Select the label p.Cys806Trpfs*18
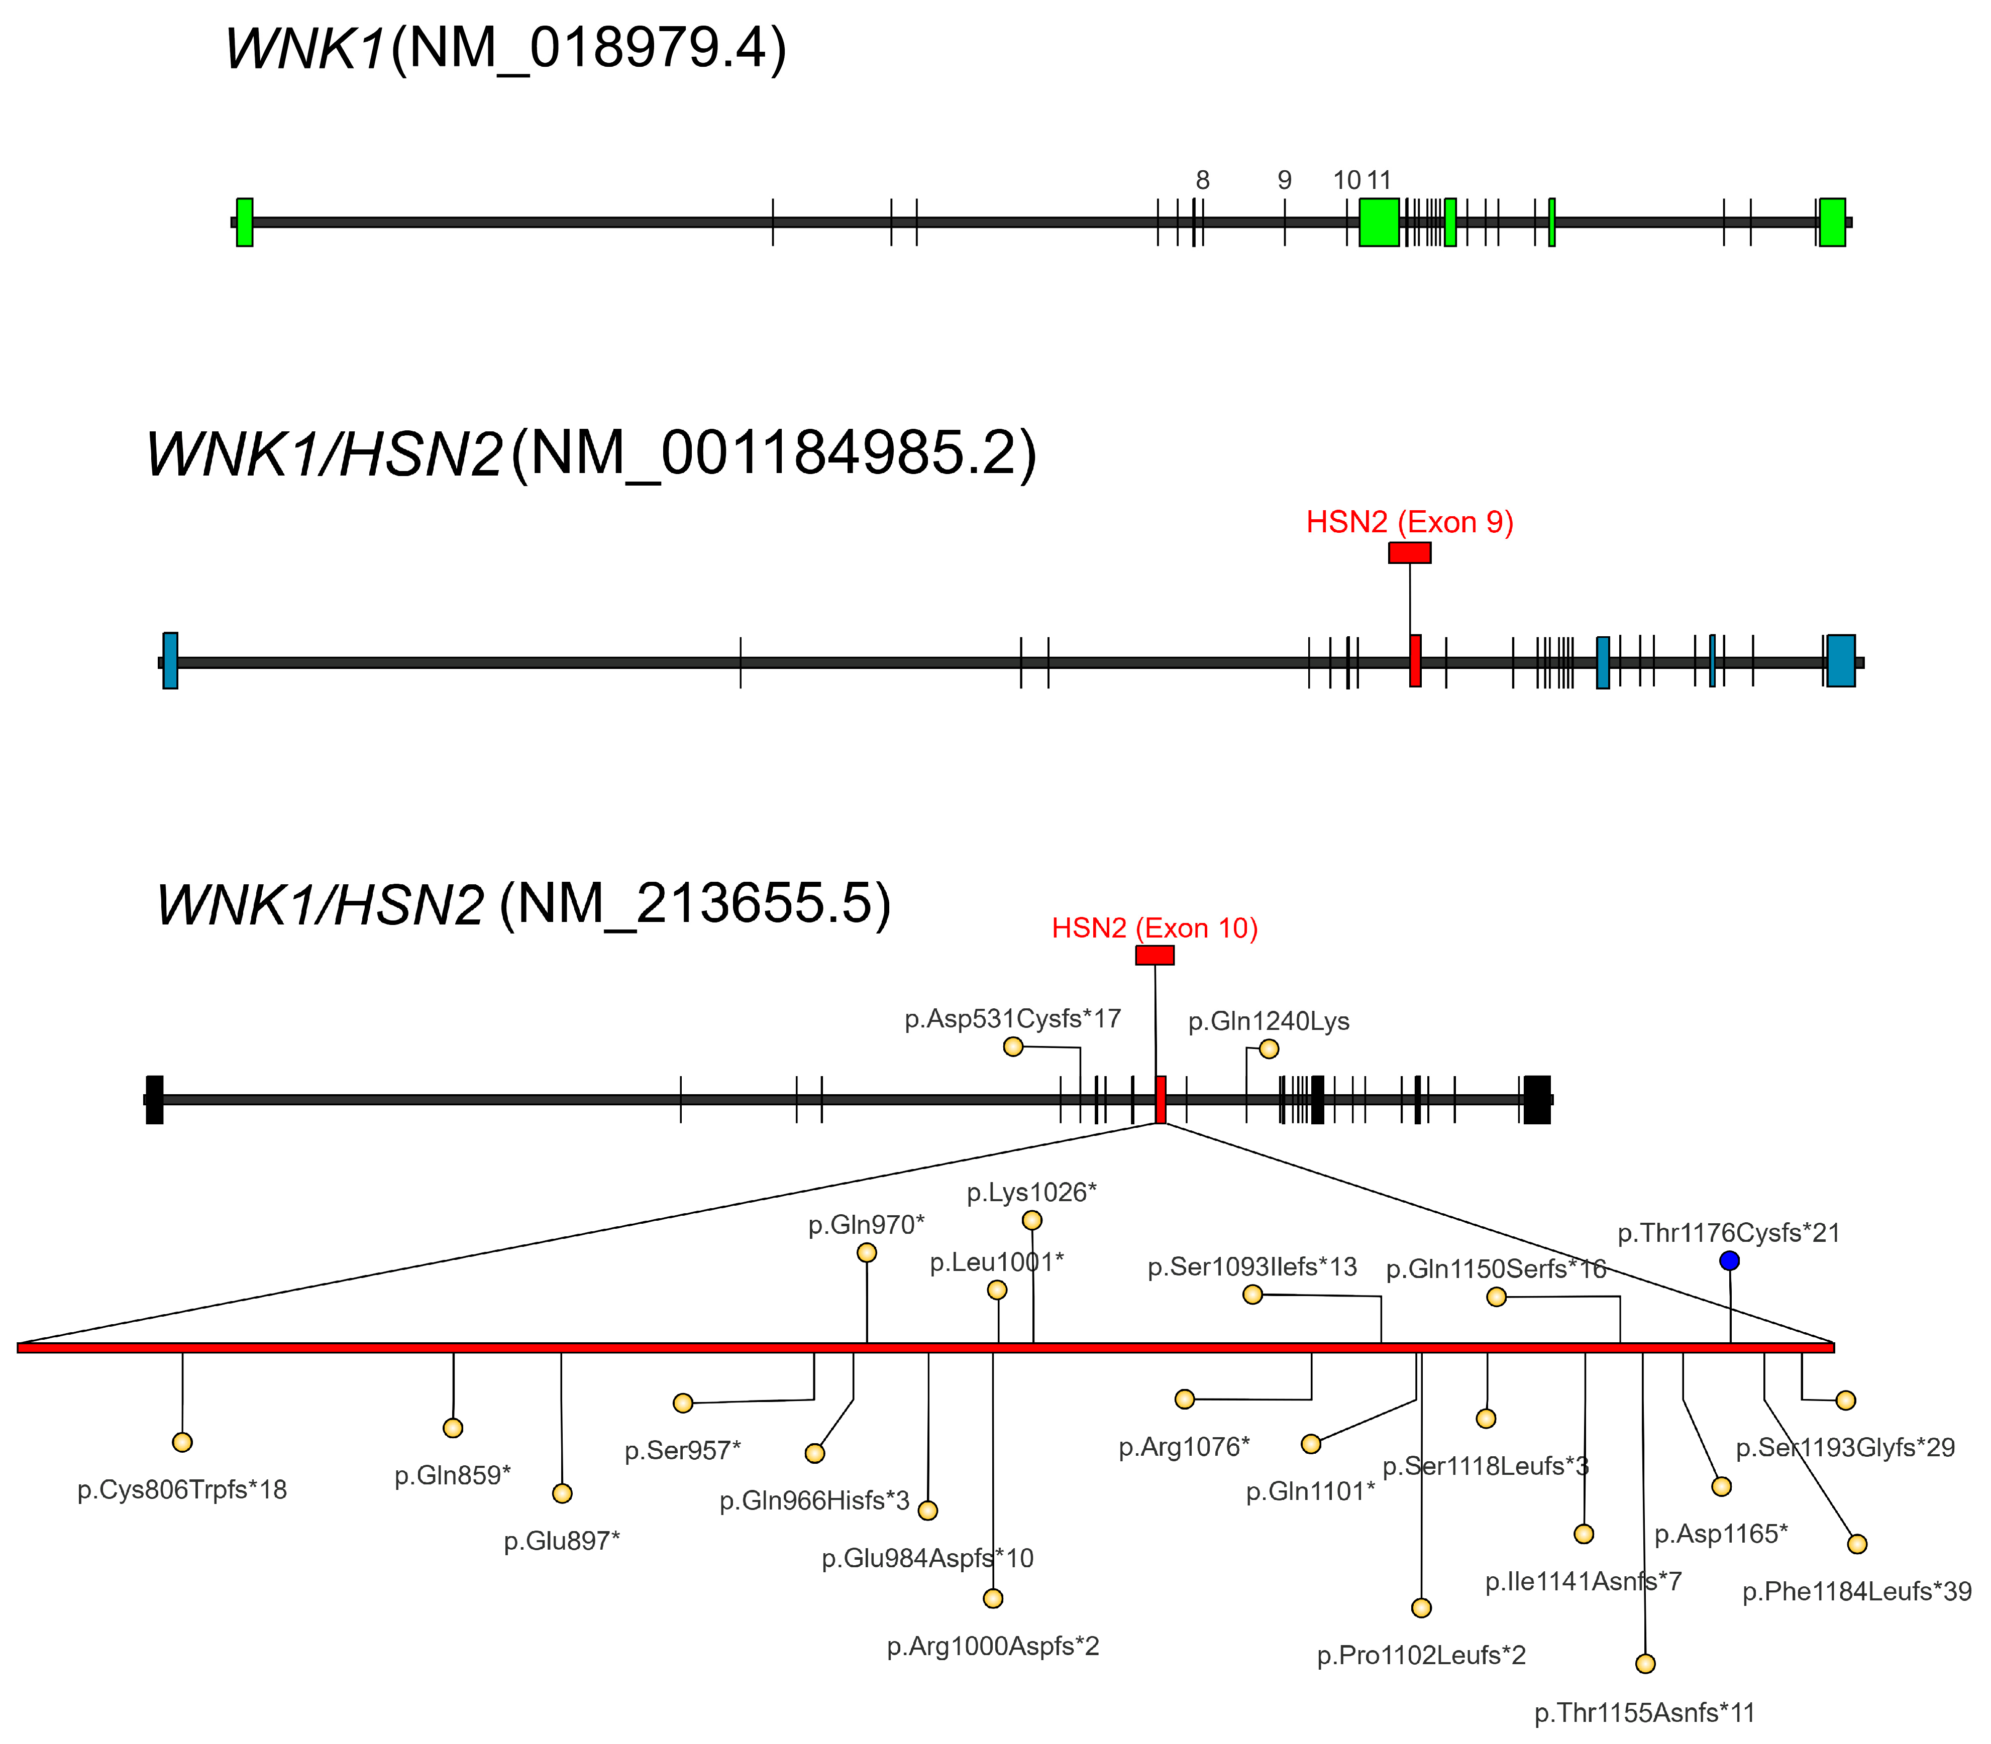tap(182, 1490)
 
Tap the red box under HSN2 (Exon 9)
tap(1410, 553)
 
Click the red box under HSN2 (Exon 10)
tap(1155, 955)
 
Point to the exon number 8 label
tap(1202, 180)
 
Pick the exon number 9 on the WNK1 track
tap(1284, 180)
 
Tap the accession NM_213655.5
tap(695, 904)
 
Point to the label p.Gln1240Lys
tap(1269, 1021)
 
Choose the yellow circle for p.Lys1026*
tap(1032, 1220)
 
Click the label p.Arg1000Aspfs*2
tap(993, 1647)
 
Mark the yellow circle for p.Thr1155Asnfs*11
tap(1645, 1663)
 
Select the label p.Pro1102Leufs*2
tap(1421, 1656)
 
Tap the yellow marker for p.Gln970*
tap(867, 1252)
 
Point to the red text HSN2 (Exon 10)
tap(1155, 928)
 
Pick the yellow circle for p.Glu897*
tap(562, 1493)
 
